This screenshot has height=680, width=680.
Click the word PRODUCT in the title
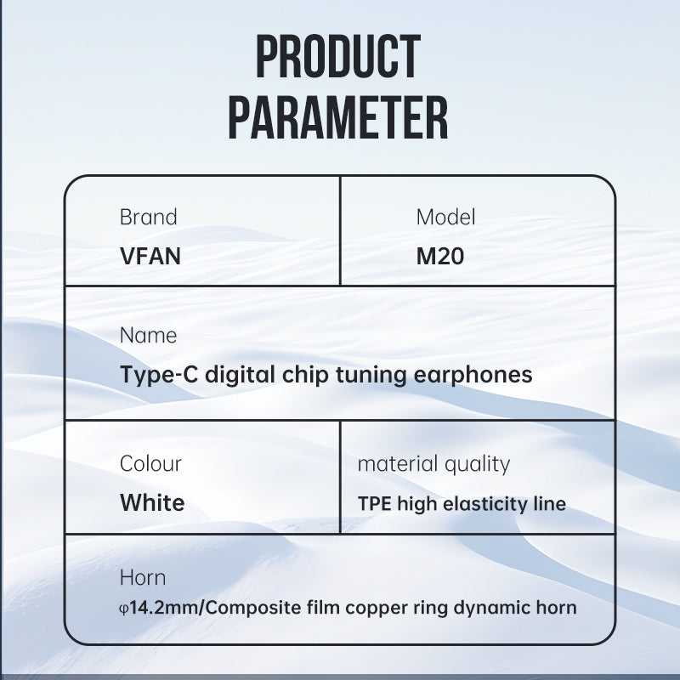coord(338,56)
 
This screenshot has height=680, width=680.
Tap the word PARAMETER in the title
coord(338,118)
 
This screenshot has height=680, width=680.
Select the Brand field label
coord(148,217)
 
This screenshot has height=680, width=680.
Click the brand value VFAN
coord(150,256)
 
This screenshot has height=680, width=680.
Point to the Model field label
coord(445,217)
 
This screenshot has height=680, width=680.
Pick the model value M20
coord(440,256)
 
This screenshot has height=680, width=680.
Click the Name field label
coord(148,335)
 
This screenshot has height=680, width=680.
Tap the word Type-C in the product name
coord(159,375)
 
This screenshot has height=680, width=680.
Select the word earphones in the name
coord(473,375)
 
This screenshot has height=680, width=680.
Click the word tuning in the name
coord(371,375)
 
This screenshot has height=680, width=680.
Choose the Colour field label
coord(150,463)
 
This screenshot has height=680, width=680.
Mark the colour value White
coord(152,502)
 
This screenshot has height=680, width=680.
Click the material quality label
coord(433,464)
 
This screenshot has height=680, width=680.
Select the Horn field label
coord(143,578)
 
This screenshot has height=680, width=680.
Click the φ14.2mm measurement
coord(158,608)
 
